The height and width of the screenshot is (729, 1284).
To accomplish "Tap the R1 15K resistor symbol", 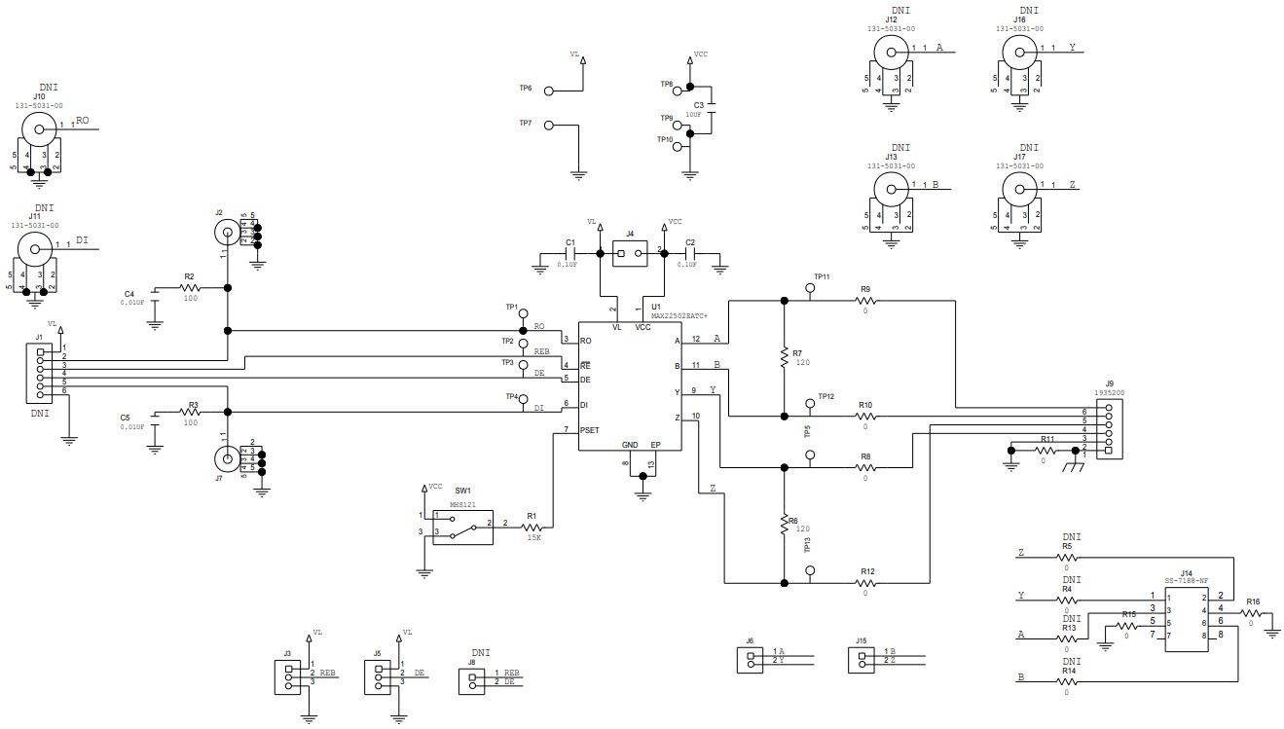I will point(532,526).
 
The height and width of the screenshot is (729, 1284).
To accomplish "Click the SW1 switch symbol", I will point(462,526).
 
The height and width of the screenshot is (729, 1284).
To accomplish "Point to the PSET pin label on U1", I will point(591,429).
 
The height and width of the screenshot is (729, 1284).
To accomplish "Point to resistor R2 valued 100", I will point(190,288).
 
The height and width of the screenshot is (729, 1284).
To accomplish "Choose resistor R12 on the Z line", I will point(866,583).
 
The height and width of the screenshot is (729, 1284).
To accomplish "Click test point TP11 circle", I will point(810,288).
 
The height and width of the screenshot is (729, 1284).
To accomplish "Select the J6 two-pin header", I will point(750,660).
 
